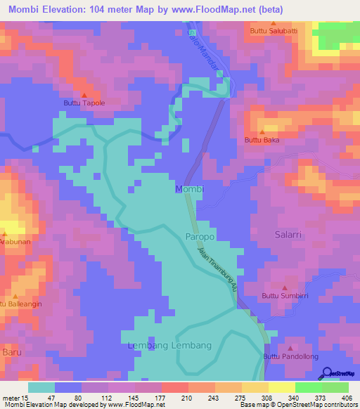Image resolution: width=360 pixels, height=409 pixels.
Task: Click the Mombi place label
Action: click(188, 190)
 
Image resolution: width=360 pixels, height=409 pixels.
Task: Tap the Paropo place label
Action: click(200, 238)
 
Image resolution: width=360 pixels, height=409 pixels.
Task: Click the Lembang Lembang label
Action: click(169, 346)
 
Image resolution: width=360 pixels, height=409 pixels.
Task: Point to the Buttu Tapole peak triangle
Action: click(84, 95)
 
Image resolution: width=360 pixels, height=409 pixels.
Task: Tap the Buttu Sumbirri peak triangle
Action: click(284, 287)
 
